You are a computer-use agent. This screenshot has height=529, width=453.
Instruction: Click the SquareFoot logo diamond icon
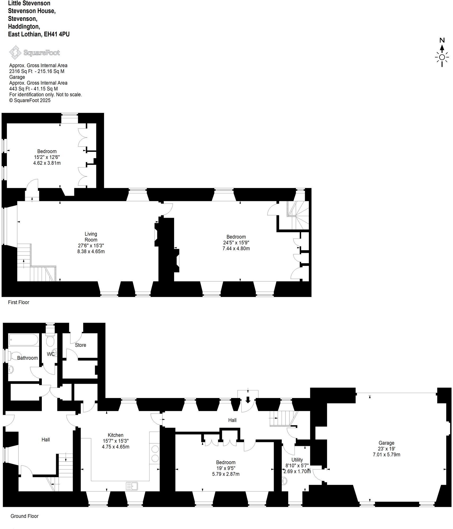click(15, 52)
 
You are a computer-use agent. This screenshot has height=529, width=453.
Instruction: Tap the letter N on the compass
click(442, 40)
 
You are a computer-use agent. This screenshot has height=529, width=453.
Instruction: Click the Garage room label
click(386, 443)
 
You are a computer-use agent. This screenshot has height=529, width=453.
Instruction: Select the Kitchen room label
click(116, 435)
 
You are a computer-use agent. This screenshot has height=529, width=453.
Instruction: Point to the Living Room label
click(91, 237)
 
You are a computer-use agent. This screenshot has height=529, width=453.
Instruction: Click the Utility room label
click(297, 460)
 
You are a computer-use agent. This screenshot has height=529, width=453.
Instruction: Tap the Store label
click(80, 345)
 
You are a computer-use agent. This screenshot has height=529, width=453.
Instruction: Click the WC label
click(51, 354)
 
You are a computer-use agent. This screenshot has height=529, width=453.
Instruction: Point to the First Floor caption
click(19, 302)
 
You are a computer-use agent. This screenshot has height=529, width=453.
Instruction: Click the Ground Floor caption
click(24, 516)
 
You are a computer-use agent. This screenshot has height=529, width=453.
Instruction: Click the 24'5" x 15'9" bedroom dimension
click(236, 243)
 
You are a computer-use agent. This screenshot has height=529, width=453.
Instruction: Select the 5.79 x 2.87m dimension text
click(226, 474)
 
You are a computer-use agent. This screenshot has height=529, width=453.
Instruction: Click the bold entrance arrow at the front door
click(248, 399)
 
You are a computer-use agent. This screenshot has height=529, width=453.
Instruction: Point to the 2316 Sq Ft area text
click(21, 71)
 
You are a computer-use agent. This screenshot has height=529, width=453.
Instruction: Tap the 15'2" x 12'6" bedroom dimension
click(47, 157)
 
